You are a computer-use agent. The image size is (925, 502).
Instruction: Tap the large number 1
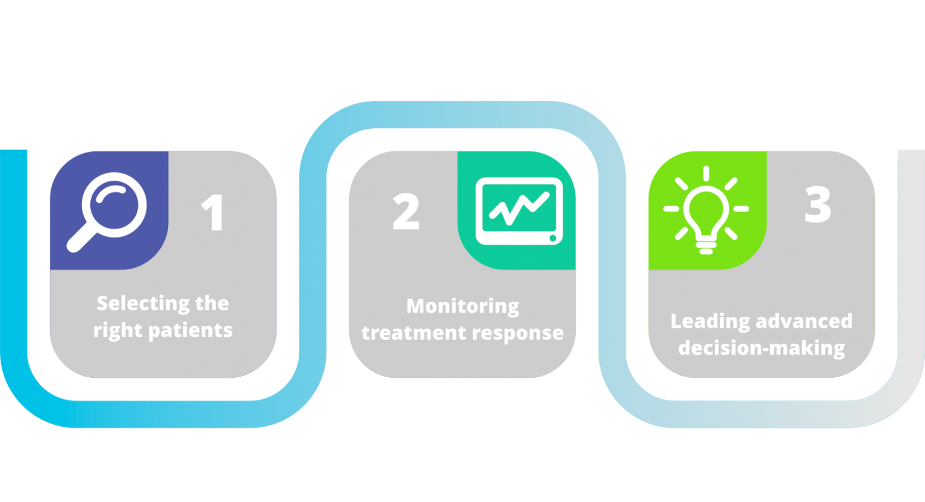click(x=213, y=212)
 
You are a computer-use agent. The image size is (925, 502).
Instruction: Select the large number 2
click(x=406, y=212)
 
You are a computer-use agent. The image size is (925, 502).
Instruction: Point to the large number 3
click(x=818, y=204)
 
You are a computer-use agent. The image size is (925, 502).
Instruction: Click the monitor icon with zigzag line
click(x=519, y=211)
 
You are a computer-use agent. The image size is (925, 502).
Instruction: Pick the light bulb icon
click(x=706, y=210)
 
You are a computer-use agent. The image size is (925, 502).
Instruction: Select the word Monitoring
click(x=462, y=307)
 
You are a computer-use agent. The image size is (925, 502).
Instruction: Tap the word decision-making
click(x=762, y=348)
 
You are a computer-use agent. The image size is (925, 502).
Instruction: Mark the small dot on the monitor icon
click(x=553, y=238)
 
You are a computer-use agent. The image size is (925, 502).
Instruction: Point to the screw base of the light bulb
click(x=706, y=246)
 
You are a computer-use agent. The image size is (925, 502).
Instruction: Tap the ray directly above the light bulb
click(x=706, y=173)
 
